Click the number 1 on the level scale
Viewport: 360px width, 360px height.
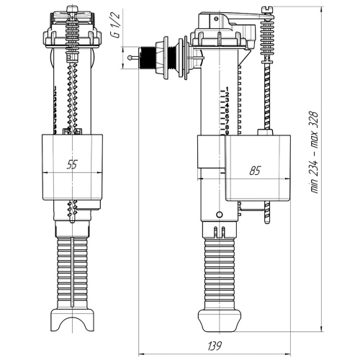click(x=226, y=88)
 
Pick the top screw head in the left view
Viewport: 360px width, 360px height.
click(x=72, y=11)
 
